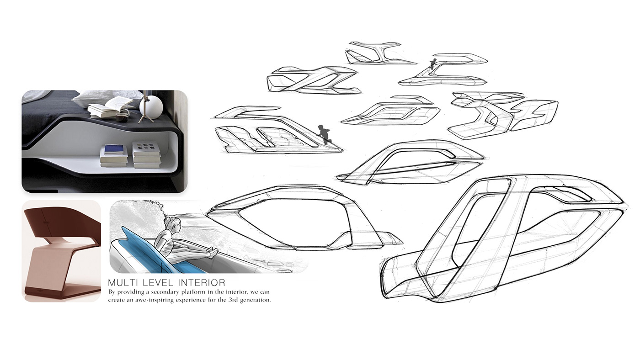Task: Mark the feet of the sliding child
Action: [212, 252]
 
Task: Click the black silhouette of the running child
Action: [325, 134]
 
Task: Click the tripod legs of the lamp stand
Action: [147, 117]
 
